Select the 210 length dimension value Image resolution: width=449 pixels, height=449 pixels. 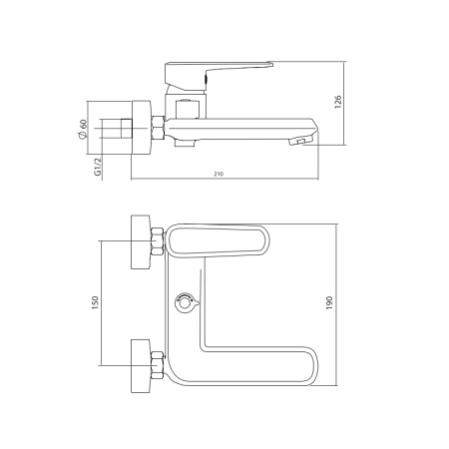[218, 174]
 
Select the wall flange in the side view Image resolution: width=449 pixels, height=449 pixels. [139, 128]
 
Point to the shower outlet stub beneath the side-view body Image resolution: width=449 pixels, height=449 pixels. [184, 143]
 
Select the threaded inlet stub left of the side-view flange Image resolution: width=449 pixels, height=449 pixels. [123, 128]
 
